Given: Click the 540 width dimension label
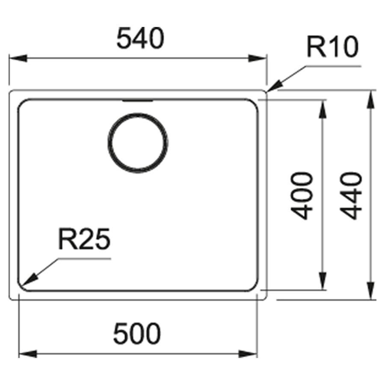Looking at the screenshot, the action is (140, 38).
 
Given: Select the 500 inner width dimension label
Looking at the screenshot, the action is (137, 334).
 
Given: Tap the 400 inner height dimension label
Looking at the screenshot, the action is (302, 195).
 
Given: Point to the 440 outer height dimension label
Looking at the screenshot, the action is (351, 195).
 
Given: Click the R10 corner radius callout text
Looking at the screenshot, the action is (333, 47).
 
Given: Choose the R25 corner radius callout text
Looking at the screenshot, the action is (84, 239).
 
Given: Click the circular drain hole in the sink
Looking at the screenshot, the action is (138, 143).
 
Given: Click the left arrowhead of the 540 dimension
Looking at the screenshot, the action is (18, 59).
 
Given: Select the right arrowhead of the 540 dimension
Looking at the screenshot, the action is (258, 59).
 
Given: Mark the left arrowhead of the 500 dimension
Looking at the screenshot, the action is (28, 354).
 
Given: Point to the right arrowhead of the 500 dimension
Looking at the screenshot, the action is (248, 354).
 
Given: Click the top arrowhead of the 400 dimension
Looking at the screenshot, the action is (323, 109).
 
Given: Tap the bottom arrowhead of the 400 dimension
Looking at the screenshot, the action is (323, 281).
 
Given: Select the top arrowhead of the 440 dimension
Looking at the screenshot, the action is (371, 99).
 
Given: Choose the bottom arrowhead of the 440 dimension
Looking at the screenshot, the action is (371, 290).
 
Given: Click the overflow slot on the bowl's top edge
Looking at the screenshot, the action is (138, 101).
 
